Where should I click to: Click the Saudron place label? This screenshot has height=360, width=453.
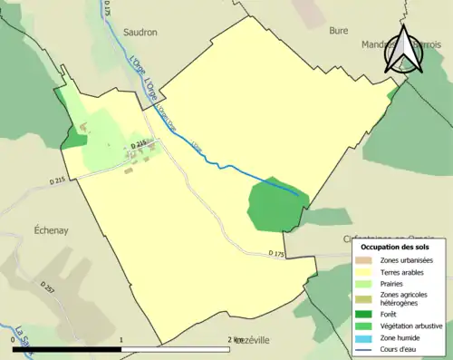click(139, 31)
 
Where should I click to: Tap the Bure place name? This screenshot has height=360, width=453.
click(338, 30)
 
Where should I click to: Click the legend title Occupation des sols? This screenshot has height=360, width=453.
click(395, 246)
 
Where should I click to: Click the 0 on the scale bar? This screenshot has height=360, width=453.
click(13, 340)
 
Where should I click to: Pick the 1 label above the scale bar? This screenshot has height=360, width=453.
click(122, 340)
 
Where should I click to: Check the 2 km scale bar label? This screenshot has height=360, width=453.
click(236, 340)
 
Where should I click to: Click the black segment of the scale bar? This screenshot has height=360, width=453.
click(68, 349)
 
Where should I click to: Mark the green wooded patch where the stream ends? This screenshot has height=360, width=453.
click(273, 205)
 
